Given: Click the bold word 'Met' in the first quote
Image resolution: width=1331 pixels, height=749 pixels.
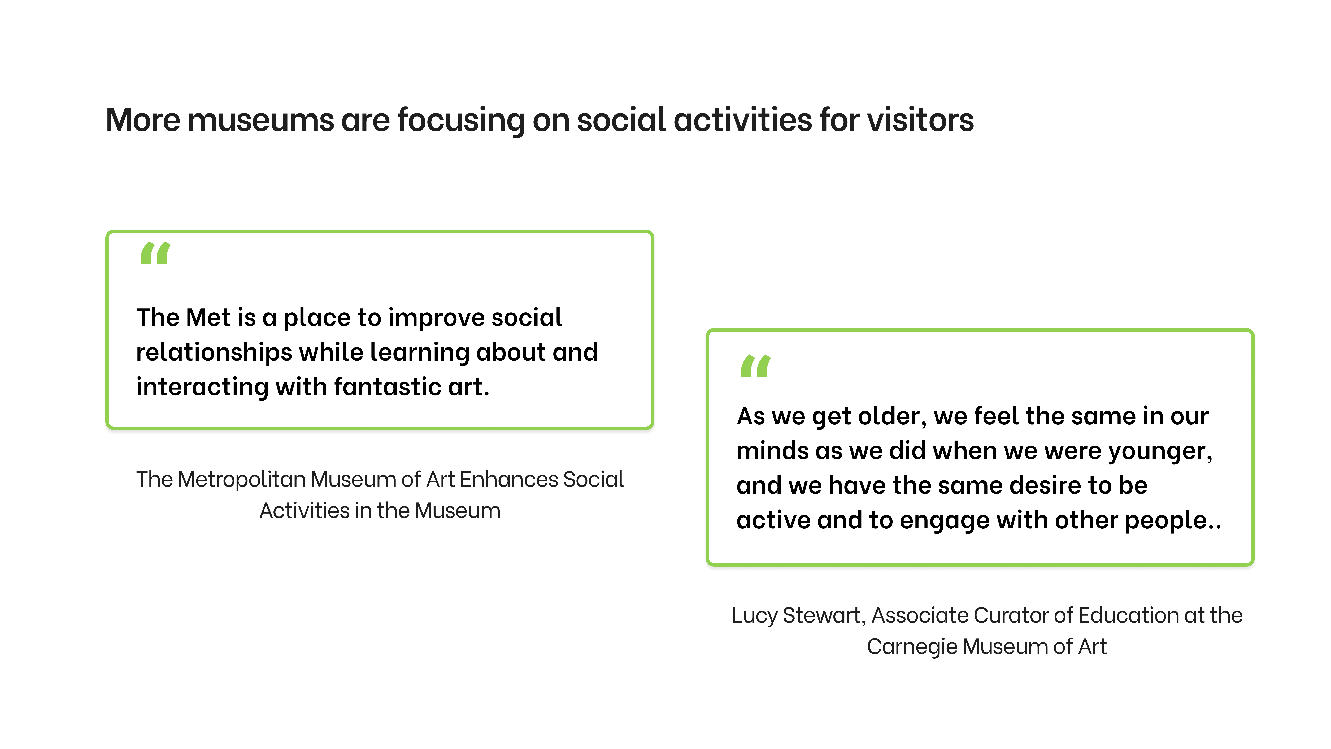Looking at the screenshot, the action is tap(208, 317).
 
